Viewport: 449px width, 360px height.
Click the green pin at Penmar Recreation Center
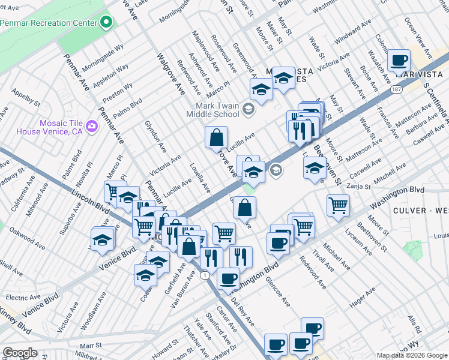click(x=106, y=23)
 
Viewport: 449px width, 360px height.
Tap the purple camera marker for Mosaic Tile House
click(x=92, y=126)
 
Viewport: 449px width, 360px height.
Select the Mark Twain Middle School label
click(x=210, y=110)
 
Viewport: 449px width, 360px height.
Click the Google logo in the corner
click(x=20, y=353)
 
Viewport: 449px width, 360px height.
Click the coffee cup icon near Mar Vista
click(x=399, y=61)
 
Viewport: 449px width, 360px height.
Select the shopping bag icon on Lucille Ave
click(x=216, y=137)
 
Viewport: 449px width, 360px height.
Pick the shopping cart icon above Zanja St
click(x=339, y=205)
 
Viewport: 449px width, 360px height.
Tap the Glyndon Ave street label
click(x=155, y=136)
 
